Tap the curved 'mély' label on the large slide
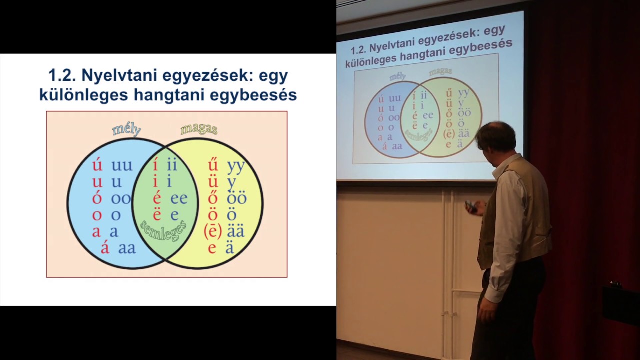(x=127, y=130)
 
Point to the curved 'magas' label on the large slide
(x=199, y=129)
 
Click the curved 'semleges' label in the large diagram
(x=163, y=230)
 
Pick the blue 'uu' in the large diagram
(x=122, y=166)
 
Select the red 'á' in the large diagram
(x=105, y=248)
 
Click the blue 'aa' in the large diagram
(x=127, y=248)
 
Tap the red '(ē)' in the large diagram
(x=213, y=232)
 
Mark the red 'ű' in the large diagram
(x=213, y=165)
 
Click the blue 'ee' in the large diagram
(x=179, y=199)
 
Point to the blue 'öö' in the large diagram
(x=237, y=199)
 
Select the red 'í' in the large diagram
(x=156, y=165)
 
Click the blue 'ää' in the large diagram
(x=236, y=232)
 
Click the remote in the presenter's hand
(x=470, y=205)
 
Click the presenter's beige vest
(x=525, y=210)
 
